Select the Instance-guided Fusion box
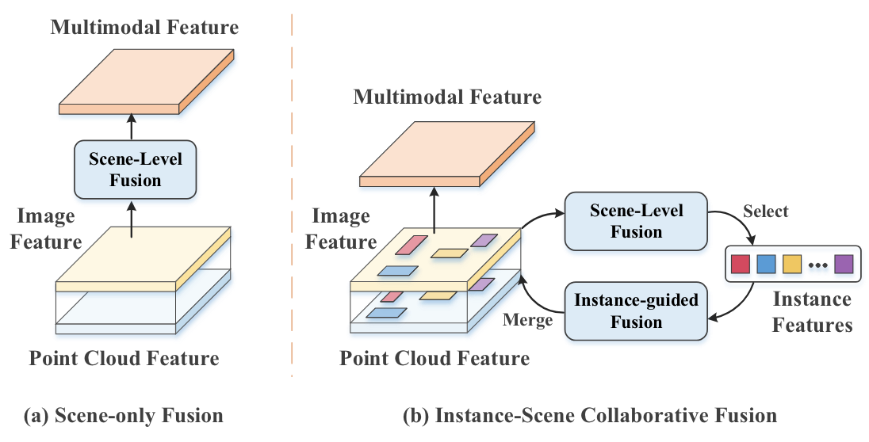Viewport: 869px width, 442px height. (636, 311)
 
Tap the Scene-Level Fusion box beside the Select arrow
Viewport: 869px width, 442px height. (636, 221)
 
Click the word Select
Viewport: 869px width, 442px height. (765, 211)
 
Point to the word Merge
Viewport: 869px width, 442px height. (528, 320)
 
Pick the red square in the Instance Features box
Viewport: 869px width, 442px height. (740, 262)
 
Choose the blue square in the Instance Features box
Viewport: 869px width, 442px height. (766, 262)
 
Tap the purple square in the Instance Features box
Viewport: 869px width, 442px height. (844, 262)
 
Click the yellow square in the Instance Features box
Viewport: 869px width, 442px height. (792, 262)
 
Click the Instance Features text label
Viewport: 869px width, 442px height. (812, 312)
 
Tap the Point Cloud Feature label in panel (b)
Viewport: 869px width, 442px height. (434, 358)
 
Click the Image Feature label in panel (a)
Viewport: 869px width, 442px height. (45, 228)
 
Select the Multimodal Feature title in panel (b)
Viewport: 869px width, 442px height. (447, 97)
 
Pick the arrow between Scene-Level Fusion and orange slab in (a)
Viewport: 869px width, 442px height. (132, 126)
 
